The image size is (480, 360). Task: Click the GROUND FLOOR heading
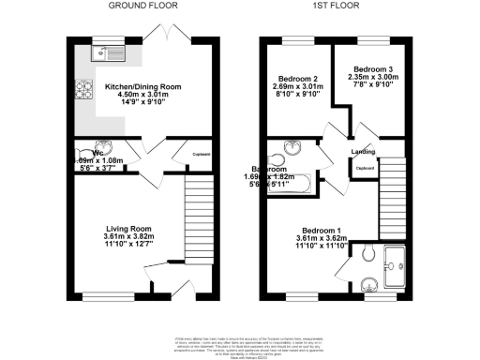140,6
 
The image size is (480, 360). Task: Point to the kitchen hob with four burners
82,91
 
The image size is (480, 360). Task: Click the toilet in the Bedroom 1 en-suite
367,254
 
